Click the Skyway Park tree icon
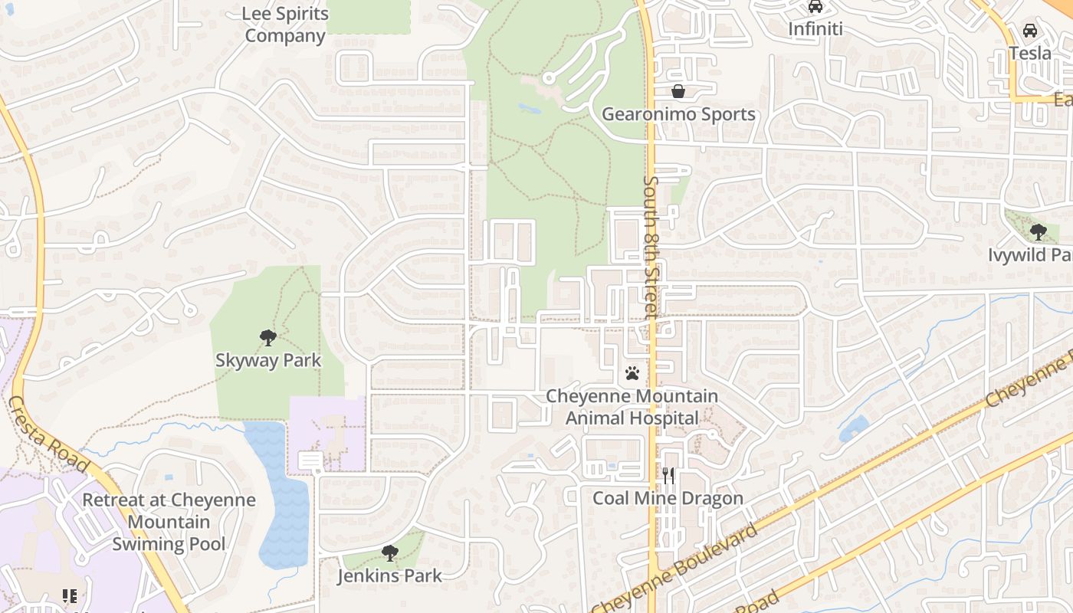267,337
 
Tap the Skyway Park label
267,360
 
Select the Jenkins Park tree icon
390,552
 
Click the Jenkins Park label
390,575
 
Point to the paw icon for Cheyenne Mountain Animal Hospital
632,373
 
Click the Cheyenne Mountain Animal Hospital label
632,408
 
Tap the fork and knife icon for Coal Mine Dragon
668,476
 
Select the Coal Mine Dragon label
668,499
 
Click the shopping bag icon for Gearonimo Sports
678,92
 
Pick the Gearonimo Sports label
678,115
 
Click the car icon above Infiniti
815,7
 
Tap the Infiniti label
815,29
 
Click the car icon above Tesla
1030,31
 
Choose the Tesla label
1030,53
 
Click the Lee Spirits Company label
285,25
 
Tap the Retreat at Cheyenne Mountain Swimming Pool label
169,522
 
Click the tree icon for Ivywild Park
1039,231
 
